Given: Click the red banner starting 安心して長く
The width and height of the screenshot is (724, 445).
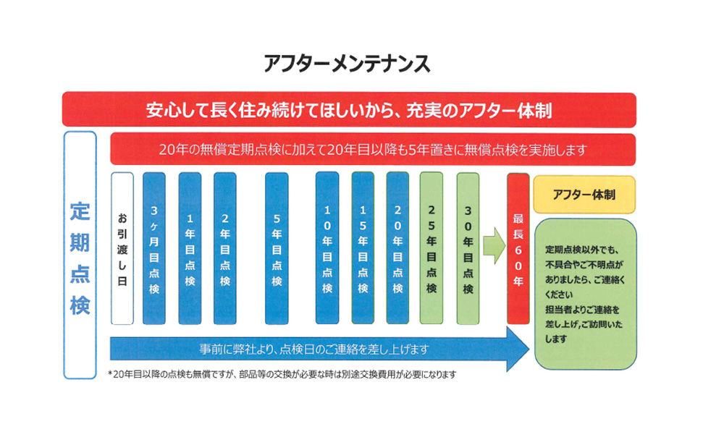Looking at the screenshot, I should tap(349, 110).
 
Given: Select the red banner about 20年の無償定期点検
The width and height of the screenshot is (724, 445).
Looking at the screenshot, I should tap(372, 150).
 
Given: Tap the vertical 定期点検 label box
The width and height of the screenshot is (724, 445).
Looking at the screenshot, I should tap(80, 255).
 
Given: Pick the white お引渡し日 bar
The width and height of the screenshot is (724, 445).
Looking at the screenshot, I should tap(122, 248).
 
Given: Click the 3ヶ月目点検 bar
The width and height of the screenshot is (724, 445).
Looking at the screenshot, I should tap(154, 248).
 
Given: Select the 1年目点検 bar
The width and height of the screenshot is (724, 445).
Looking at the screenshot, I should tap(190, 248).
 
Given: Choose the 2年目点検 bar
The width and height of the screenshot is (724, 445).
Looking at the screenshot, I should tap(224, 248).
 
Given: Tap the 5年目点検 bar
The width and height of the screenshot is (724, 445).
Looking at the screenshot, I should tap(277, 248).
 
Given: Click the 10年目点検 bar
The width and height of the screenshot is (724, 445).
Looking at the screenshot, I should tap(327, 248).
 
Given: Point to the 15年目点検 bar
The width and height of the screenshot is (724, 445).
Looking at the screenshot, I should tap(363, 248).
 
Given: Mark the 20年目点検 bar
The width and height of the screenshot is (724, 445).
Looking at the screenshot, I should tap(397, 248).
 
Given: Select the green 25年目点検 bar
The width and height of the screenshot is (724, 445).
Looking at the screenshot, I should tap(432, 248).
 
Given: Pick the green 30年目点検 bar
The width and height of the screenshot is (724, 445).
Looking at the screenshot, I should tap(468, 248).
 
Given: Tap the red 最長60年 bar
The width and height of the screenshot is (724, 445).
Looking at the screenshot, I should tap(518, 248).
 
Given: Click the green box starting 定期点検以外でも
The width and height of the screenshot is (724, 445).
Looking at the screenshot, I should tap(585, 294).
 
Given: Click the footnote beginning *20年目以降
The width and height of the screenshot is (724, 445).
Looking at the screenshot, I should tap(282, 375).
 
